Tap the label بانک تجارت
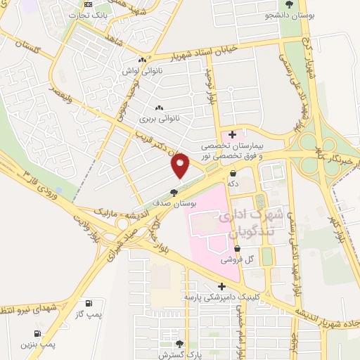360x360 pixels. click(x=93, y=13)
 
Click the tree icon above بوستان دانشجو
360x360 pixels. click(x=290, y=4)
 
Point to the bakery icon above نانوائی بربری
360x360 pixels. click(x=159, y=108)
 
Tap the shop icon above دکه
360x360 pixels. click(x=232, y=172)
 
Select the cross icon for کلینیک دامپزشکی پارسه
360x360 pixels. click(x=222, y=286)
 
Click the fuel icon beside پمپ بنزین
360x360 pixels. click(x=37, y=334)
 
